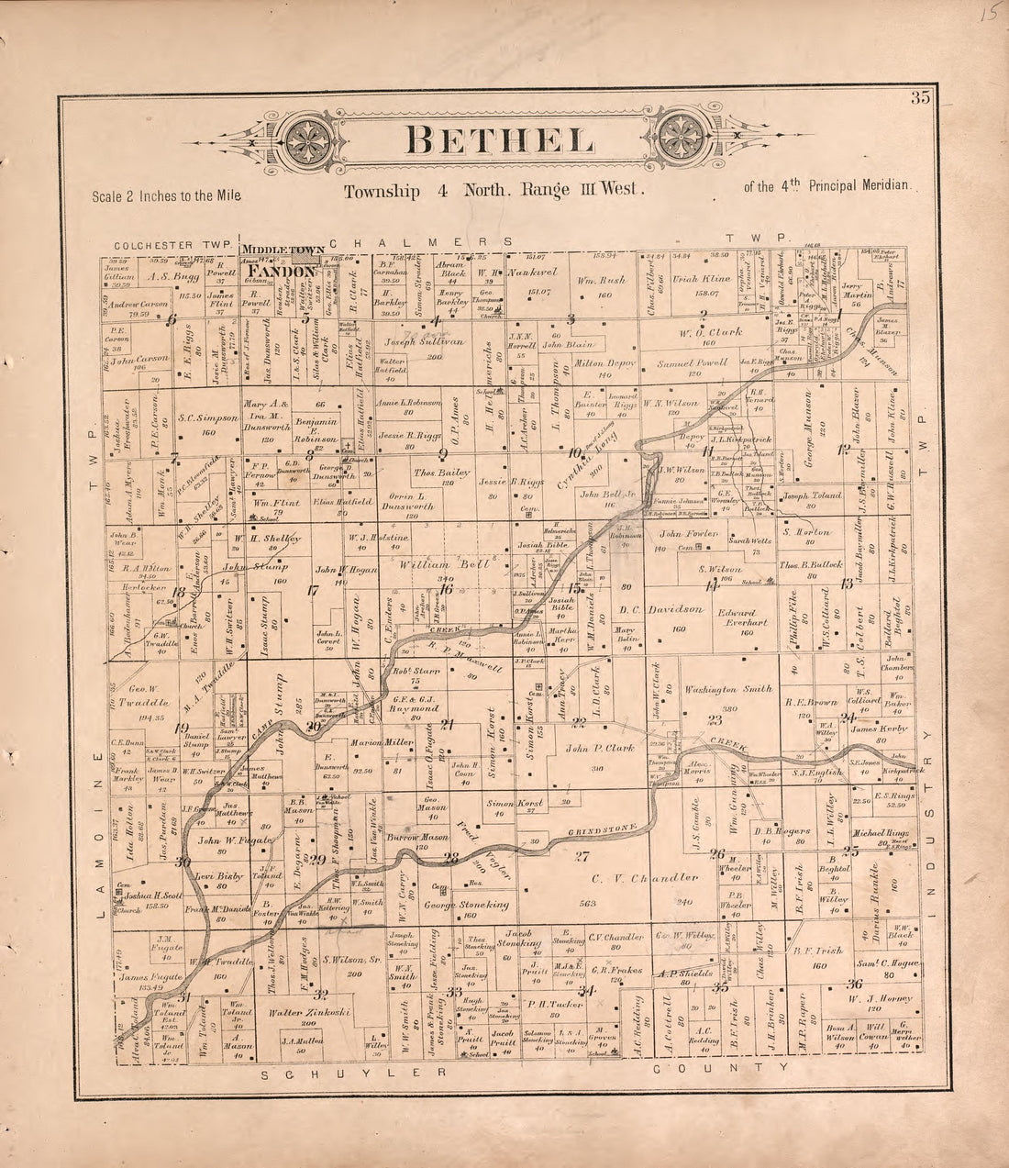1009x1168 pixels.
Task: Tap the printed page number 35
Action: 921,100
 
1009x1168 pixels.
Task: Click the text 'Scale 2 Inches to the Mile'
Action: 166,196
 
